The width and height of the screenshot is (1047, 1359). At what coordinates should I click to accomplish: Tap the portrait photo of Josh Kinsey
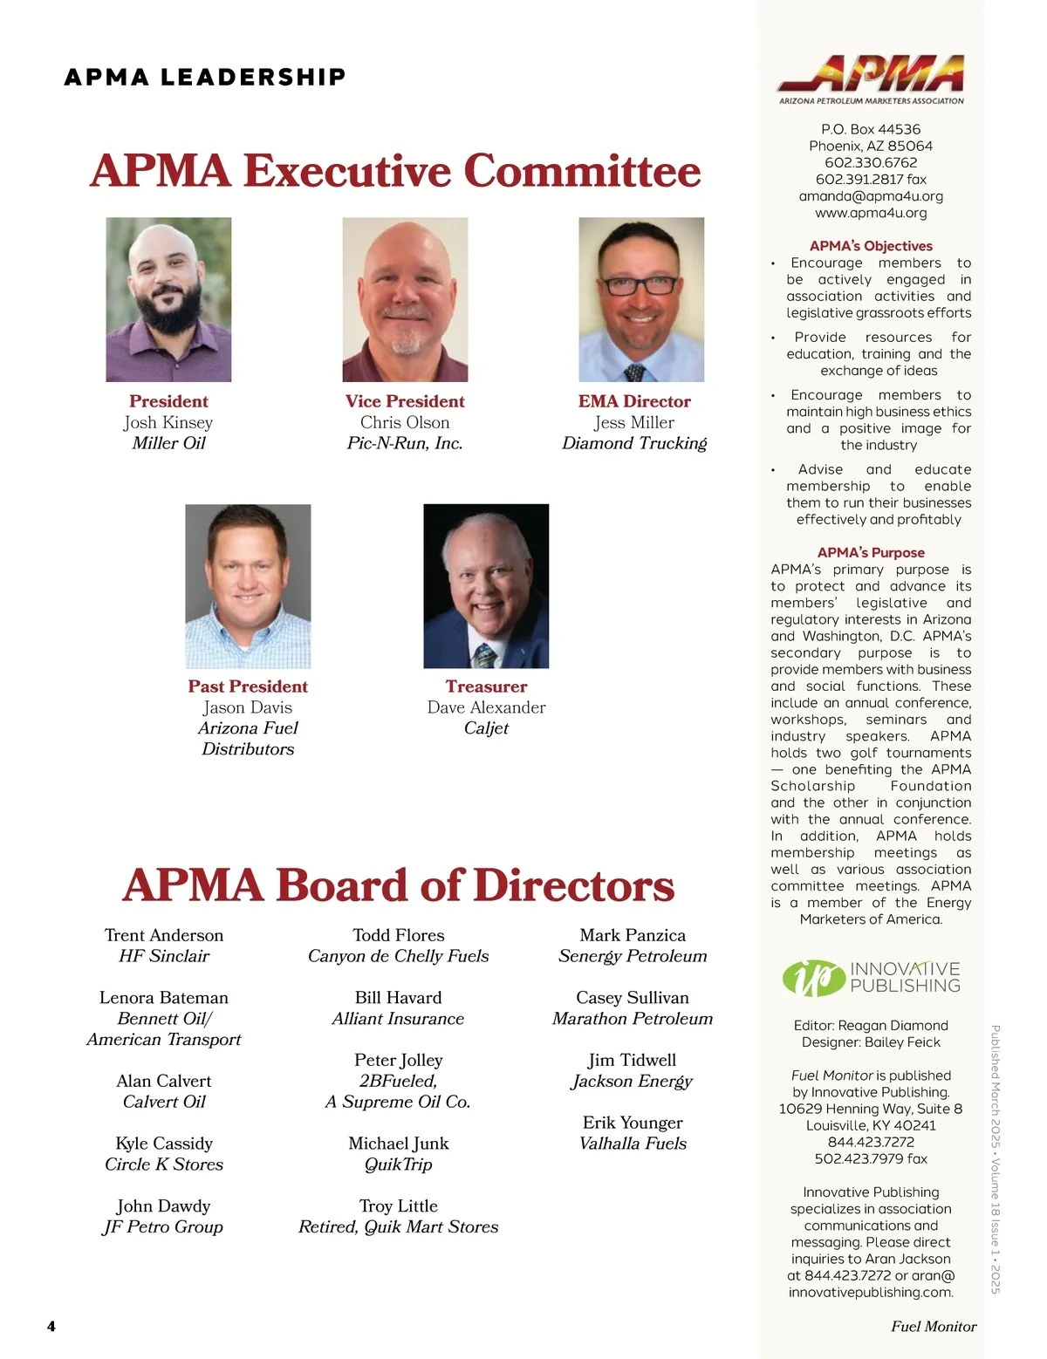168,299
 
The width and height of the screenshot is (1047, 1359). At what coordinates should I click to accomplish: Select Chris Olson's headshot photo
405,299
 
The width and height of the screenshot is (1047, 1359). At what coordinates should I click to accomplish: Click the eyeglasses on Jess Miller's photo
640,283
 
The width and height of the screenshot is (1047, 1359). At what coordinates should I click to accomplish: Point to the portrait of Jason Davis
248,586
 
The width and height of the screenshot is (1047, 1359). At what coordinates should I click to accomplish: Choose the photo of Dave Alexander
486,586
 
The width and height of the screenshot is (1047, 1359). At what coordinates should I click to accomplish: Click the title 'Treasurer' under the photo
486,686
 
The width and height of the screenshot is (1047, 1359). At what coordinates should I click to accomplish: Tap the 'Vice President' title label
405,401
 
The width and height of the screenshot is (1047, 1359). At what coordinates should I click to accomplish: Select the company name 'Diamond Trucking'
634,443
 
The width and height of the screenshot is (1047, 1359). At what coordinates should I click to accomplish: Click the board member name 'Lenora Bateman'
164,998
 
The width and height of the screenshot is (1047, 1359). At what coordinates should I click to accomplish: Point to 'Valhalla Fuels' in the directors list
633,1144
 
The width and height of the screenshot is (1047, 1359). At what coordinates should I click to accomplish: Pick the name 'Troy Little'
399,1206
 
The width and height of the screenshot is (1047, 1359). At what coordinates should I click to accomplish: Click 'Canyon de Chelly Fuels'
399,956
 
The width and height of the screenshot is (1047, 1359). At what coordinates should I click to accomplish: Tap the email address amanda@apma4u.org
871,196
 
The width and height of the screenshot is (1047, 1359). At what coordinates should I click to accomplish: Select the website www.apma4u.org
871,213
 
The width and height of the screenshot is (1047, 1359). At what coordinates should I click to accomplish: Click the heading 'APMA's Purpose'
871,552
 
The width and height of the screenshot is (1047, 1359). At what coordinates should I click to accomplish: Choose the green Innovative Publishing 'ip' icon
813,977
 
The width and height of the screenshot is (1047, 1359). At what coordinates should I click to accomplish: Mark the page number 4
51,1326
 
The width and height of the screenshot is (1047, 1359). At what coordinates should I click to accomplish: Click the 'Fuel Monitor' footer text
933,1326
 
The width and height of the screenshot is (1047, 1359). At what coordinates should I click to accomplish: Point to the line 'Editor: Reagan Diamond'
871,1026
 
